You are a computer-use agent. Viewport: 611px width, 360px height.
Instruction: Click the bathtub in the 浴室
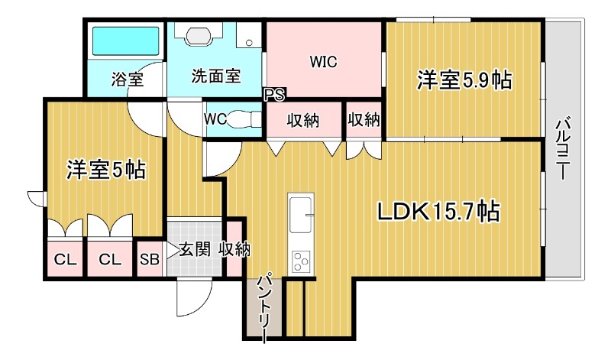click(124, 41)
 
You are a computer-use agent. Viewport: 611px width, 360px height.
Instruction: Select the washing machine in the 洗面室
click(199, 34)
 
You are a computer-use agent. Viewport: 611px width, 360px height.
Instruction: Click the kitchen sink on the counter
click(300, 215)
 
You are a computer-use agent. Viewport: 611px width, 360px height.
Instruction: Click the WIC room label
click(323, 62)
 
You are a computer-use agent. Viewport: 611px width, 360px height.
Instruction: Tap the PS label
click(275, 95)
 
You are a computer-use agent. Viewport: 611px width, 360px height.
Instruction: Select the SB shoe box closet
click(150, 259)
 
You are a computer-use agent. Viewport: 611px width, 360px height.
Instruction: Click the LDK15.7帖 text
click(438, 212)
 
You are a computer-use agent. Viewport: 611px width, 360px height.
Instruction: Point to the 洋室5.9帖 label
click(464, 80)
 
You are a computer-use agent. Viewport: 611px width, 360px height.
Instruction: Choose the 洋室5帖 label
click(106, 170)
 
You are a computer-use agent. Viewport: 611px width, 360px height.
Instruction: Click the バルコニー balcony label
click(562, 149)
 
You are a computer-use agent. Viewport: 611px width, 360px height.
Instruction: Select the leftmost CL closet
click(65, 259)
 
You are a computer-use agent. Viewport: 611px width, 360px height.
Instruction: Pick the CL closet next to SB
click(110, 259)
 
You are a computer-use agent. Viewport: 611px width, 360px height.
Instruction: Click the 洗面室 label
click(216, 76)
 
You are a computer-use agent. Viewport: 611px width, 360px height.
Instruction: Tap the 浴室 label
click(128, 79)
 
